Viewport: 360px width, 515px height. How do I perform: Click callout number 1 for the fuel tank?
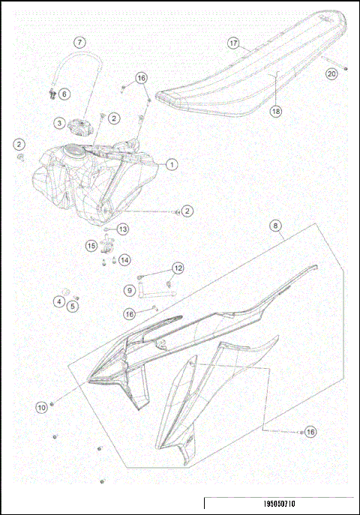(172, 163)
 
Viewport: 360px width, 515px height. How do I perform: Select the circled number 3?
(58, 122)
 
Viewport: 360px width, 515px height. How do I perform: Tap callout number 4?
(58, 301)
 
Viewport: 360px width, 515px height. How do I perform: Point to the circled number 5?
(73, 305)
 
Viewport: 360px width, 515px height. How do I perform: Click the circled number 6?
(64, 94)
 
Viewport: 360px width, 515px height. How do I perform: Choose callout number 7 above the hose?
(79, 43)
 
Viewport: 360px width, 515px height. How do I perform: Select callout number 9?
(129, 289)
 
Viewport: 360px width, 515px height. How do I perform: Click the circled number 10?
(41, 406)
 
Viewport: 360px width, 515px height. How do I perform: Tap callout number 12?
(178, 268)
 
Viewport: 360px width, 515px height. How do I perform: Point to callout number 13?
(122, 229)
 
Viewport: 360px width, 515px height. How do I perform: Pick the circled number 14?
(124, 259)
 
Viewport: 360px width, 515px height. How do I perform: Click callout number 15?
(91, 245)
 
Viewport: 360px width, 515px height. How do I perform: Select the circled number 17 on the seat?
(233, 43)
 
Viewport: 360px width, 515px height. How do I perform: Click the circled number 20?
(330, 73)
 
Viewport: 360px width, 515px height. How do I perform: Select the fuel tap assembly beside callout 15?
(106, 244)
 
